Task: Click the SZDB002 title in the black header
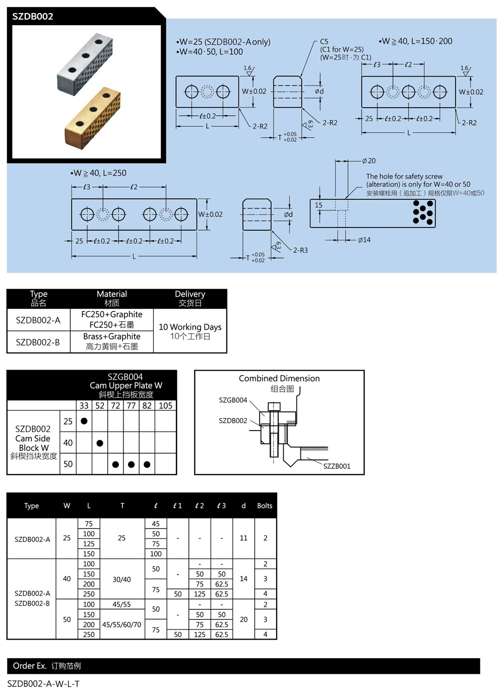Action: tap(33, 16)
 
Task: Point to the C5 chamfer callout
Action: tap(324, 42)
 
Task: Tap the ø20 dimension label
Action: tap(369, 161)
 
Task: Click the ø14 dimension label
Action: tap(364, 240)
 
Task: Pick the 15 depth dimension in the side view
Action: tap(319, 205)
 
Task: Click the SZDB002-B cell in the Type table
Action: tap(38, 342)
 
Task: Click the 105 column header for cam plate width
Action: tap(165, 405)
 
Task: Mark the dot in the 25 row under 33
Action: tap(84, 421)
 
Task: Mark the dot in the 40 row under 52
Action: tap(100, 443)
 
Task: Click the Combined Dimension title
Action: tap(279, 379)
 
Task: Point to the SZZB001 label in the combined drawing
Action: tap(337, 466)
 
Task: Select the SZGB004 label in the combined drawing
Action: tap(233, 400)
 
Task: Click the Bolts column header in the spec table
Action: tap(265, 506)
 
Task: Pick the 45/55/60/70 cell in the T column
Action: tap(122, 624)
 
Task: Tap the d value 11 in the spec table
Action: tap(243, 538)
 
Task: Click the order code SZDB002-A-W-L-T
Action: tap(43, 683)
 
